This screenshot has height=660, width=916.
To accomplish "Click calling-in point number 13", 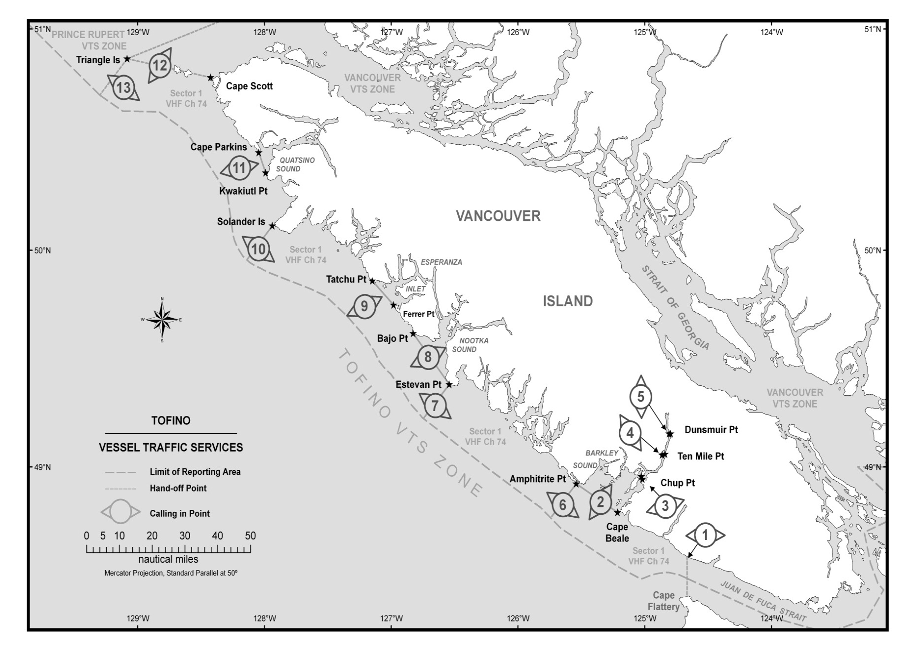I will tap(123, 88).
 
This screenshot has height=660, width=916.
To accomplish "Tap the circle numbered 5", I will tap(641, 397).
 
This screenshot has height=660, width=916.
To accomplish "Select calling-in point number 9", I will tap(364, 306).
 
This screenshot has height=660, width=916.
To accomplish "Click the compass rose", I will tap(162, 320).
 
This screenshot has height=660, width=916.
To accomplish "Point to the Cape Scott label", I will tap(249, 86).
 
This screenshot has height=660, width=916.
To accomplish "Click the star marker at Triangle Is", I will tap(127, 59).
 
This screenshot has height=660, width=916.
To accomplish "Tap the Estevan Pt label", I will tap(418, 384).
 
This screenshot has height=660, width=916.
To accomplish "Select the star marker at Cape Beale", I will tap(617, 513).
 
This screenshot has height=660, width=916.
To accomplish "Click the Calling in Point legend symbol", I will tap(120, 512).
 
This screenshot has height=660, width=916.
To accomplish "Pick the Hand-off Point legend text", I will tap(178, 488).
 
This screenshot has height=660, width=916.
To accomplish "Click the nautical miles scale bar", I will tap(168, 549).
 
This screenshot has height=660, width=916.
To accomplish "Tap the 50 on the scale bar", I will tap(250, 536).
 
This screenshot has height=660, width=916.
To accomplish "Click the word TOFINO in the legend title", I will tap(171, 420).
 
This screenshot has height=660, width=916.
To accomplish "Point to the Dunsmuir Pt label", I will tap(711, 430).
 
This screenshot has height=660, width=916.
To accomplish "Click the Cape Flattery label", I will tap(663, 601).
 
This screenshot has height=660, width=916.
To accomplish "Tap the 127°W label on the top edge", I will tap(392, 33).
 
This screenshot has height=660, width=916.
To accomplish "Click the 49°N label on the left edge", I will tap(42, 467).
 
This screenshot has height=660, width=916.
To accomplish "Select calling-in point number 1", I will tap(705, 535).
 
